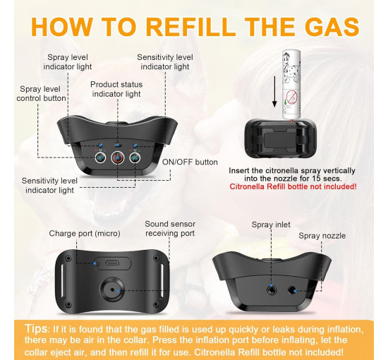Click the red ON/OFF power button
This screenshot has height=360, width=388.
click(x=117, y=157)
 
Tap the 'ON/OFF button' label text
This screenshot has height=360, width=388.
click(x=190, y=162)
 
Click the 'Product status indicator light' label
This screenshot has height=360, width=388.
click(x=116, y=89)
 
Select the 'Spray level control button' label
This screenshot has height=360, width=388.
click(x=41, y=94)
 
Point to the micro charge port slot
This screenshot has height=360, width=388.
click(x=112, y=263)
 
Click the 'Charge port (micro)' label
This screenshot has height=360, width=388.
click(x=85, y=234)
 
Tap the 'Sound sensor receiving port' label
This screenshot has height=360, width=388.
click(x=170, y=229)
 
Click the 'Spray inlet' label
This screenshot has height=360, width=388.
click(x=271, y=224)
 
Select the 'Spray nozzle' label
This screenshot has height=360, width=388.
click(x=322, y=236)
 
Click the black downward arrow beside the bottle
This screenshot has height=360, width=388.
click(x=274, y=92)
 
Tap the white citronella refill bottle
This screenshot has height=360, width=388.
click(x=291, y=85)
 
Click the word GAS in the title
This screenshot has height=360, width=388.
click(x=332, y=27)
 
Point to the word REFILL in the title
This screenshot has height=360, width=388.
click(x=190, y=27)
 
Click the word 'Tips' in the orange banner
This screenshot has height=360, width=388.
click(x=36, y=329)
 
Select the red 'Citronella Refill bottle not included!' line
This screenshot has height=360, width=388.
click(x=293, y=186)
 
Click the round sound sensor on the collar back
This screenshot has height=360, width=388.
click(x=112, y=289)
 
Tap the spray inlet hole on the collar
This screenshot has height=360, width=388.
click(x=272, y=289)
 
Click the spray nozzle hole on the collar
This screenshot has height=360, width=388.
click(x=292, y=290)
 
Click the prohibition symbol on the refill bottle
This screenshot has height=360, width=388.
click(x=292, y=96)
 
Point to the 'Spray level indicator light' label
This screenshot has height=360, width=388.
click(x=68, y=62)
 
